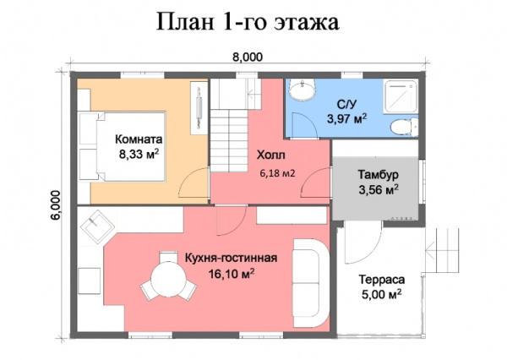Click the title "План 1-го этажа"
pyautogui.click(x=248, y=22)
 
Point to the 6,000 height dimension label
pyautogui.click(x=56, y=205)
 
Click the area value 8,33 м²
pyautogui.click(x=139, y=155)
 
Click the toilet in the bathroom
pyautogui.click(x=402, y=125)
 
